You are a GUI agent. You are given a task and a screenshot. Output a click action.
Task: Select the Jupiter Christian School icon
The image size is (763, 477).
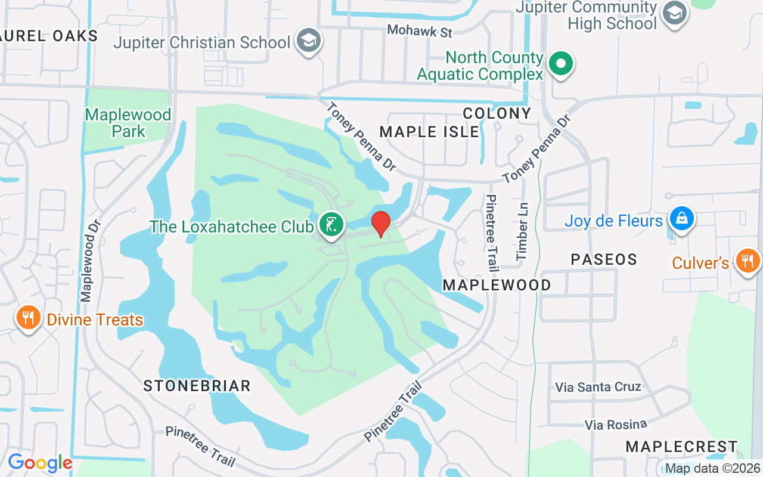pos(309,41)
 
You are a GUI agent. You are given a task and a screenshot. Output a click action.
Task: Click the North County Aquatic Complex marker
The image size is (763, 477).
pos(560,63)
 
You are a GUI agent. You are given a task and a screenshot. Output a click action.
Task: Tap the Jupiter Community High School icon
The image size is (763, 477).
pos(675,14)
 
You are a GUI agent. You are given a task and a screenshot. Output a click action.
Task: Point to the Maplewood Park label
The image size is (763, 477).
pos(128,122)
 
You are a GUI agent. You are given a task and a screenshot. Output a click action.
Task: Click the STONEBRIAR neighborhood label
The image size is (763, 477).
pos(197,386)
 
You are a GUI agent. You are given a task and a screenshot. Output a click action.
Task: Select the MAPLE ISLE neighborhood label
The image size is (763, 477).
pos(429,131)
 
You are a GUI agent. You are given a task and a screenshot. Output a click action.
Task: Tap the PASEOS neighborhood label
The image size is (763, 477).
pos(604,259)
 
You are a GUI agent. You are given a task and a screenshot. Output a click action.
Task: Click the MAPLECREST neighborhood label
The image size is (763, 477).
pos(681,447)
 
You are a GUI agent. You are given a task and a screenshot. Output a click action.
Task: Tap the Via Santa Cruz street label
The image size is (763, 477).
pos(598,386)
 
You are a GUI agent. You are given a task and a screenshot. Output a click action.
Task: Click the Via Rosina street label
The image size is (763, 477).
pos(616,425)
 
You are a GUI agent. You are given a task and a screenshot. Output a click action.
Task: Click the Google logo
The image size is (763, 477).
pos(40,463)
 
